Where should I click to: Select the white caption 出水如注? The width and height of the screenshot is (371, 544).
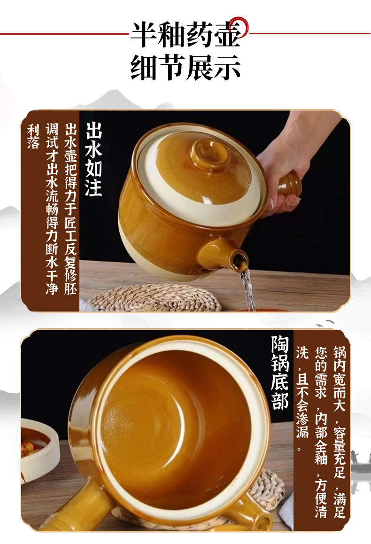point(93,160)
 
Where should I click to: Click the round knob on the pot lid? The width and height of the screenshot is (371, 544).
point(209,153)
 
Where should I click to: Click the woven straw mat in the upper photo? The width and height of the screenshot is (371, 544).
point(155,298)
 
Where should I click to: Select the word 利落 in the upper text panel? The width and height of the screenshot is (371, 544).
point(33,136)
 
